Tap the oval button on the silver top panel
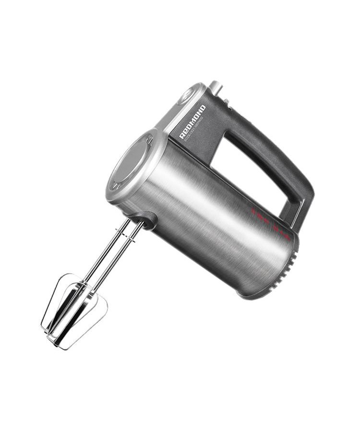(x=184, y=96)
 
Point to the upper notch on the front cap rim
(x=150, y=140)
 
